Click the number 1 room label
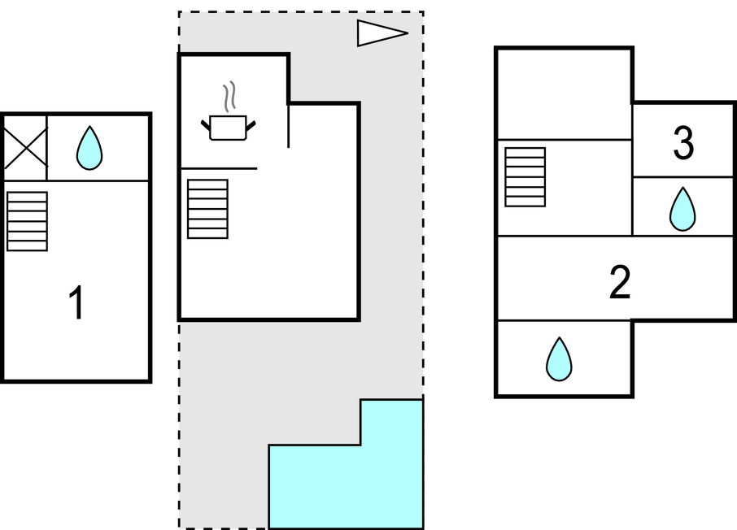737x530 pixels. tap(76, 302)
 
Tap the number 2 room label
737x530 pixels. tap(620, 282)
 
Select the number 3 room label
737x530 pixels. tap(683, 143)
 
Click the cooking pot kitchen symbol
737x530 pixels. tap(229, 128)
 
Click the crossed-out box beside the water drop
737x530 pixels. tap(25, 147)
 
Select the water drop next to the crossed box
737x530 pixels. tap(89, 147)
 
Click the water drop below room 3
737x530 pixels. tap(682, 209)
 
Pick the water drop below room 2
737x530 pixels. tap(559, 359)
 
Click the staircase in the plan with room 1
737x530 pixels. tap(28, 221)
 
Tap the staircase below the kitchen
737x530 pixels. tap(207, 209)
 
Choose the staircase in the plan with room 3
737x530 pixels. tap(525, 177)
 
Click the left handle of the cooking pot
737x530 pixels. tap(206, 125)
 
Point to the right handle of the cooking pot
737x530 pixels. tap(251, 125)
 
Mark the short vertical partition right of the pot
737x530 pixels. tap(288, 126)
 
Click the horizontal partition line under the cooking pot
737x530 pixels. tap(219, 167)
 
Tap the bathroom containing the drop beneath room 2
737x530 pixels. tap(564, 358)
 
